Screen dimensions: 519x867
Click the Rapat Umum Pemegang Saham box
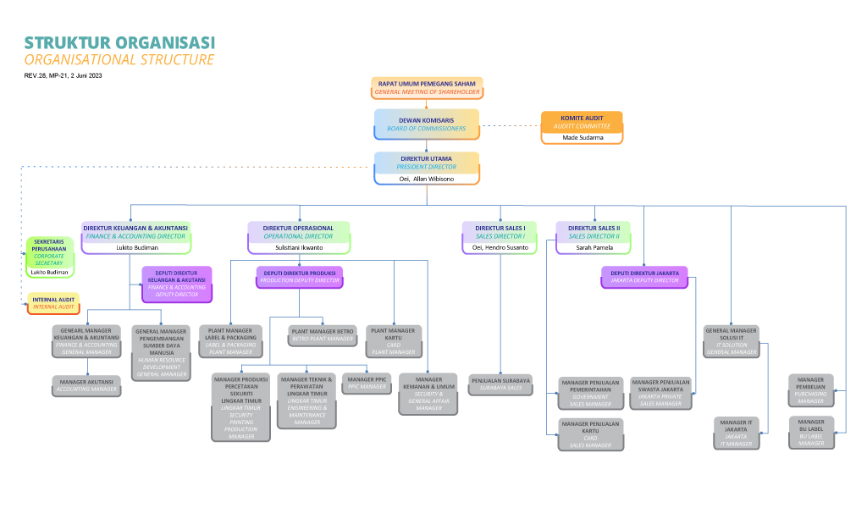[x=427, y=87]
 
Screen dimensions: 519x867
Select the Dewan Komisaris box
[x=427, y=124]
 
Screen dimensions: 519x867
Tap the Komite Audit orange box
[x=582, y=121]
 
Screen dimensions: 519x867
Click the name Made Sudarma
[x=582, y=137]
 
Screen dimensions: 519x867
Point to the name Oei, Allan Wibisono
[x=427, y=179]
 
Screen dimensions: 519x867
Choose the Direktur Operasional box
[x=298, y=232]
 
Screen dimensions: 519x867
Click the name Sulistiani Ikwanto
[x=298, y=248]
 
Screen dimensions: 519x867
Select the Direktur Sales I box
[x=500, y=232]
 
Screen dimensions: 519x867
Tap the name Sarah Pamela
[x=594, y=248]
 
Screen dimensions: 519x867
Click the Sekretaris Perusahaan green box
[x=49, y=251]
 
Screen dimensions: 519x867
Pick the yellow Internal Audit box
[x=52, y=303]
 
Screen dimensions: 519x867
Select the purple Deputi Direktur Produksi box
[x=299, y=275]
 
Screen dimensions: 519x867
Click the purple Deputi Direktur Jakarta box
[x=644, y=275]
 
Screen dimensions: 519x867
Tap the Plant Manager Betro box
[x=322, y=334]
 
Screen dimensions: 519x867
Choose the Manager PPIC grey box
[x=367, y=383]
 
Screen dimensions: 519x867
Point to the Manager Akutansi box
[x=87, y=385]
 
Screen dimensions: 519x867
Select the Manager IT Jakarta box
[x=736, y=432]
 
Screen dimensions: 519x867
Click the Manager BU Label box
[x=810, y=432]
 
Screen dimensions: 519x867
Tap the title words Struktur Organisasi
[x=119, y=42]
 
